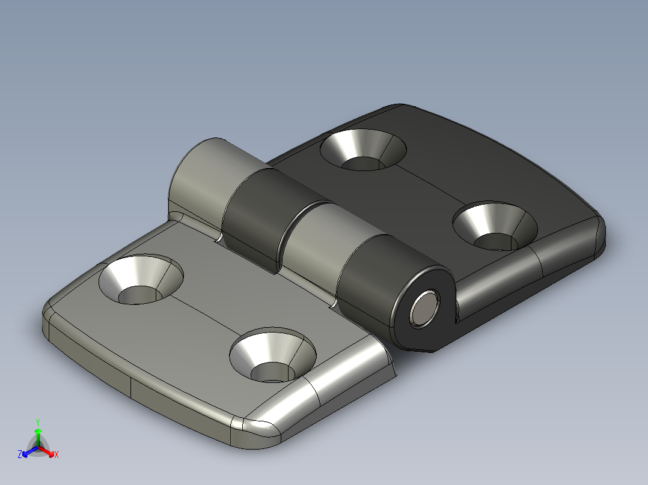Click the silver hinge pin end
pos(424,308)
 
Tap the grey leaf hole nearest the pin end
pos(272,356)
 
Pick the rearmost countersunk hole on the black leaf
pos(363,149)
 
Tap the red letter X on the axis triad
pos(57,454)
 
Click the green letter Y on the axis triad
pos(37,422)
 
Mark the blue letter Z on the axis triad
pos(20,454)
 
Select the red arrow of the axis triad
pos(48,451)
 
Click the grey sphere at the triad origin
pos(37,447)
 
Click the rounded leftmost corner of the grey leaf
pos(50,312)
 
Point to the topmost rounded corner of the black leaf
pos(397,108)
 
